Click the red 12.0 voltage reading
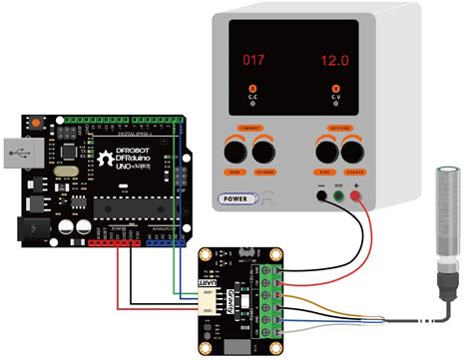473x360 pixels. pos(334,60)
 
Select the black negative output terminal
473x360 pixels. pos(321,196)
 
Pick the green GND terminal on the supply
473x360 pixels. pos(339,196)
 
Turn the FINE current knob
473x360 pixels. pos(236,152)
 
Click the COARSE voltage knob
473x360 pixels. pos(352,152)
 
